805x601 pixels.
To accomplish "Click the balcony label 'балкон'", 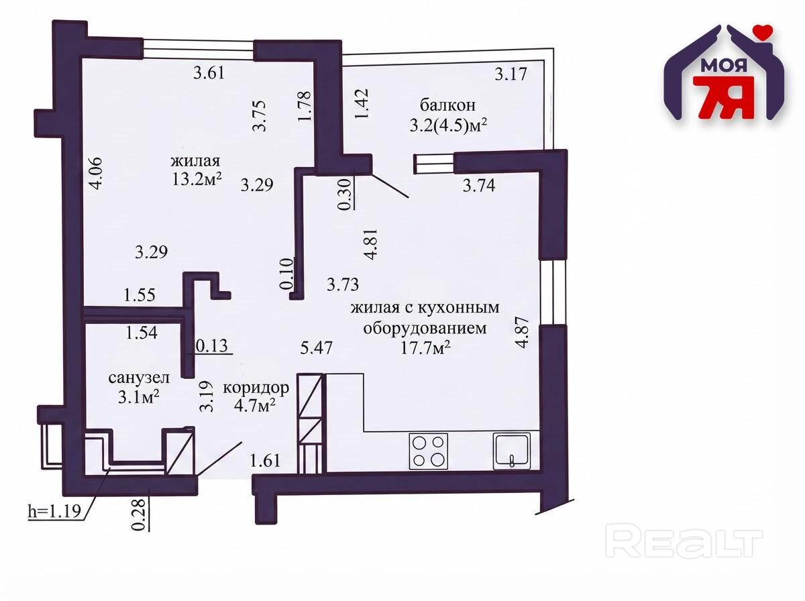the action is tap(447, 105).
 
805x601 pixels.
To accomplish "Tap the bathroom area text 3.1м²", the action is tap(139, 397).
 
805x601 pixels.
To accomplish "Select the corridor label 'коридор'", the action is tap(256, 388).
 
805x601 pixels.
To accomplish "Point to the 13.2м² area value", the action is tap(197, 179).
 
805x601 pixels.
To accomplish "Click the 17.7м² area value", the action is tap(425, 347).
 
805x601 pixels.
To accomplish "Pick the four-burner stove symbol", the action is tap(429, 451).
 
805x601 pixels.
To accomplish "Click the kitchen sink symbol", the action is tap(512, 451).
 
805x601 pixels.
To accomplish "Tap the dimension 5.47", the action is tap(316, 347).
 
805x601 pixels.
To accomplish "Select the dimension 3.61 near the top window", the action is tap(209, 72).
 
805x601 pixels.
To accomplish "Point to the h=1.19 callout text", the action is tap(54, 512).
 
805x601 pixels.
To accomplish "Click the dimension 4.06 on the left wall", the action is tap(96, 173).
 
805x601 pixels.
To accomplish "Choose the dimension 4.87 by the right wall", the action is tap(522, 332).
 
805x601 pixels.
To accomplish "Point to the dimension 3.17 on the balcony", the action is tap(511, 74).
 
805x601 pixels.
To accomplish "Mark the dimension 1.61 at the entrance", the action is tap(265, 461).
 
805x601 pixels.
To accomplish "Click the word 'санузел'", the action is tap(139, 378).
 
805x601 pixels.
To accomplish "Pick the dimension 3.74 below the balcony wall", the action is tap(479, 186).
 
